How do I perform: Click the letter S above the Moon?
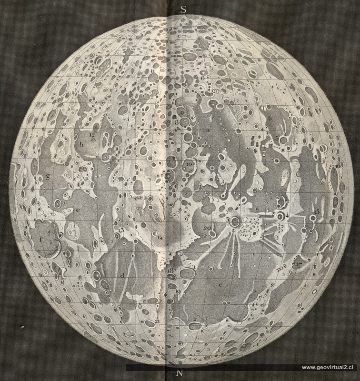[x=183, y=8]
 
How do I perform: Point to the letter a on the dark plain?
[x=208, y=130]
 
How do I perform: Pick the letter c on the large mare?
[x=220, y=284]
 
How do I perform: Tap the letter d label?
[x=122, y=275]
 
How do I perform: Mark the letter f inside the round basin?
[x=42, y=240]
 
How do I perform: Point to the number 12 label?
[x=92, y=135]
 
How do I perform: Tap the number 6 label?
[x=202, y=77]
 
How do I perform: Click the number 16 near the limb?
[x=338, y=166]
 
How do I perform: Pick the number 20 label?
[x=207, y=228]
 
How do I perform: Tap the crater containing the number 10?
[x=189, y=165]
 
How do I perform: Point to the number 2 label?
[x=195, y=319]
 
